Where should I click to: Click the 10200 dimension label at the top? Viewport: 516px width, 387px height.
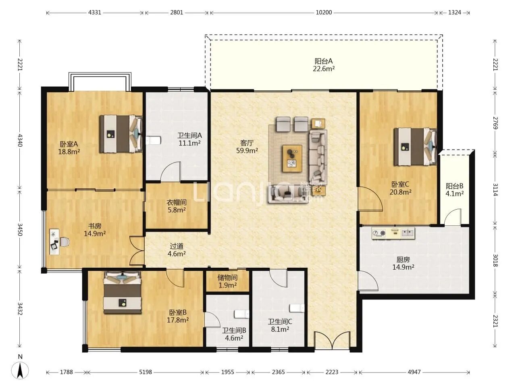coord(323,12)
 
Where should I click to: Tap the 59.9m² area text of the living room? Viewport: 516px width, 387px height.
coord(247,151)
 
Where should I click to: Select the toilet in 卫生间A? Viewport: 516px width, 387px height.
coord(153,141)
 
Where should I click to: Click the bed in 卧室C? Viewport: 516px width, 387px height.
coord(415,147)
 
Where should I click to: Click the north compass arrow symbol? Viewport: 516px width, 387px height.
coord(20,371)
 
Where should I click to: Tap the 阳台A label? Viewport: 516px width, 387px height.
coord(323,61)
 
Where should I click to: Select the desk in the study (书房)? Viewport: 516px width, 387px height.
coord(54,242)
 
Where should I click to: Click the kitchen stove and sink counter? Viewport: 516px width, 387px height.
coord(393,233)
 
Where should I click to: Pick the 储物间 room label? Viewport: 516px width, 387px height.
coord(227,277)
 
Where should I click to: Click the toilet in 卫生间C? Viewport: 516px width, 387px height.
coord(297,308)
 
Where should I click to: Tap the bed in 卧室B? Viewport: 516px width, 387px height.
coord(123,293)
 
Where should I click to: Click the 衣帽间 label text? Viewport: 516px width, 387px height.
coord(177,202)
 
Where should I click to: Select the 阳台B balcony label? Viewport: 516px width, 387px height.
coord(454,186)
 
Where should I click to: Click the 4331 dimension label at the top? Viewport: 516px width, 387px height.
coord(94,12)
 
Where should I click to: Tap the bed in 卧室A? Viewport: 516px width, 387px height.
coord(121,134)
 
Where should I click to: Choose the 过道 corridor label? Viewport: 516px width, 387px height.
coord(176,246)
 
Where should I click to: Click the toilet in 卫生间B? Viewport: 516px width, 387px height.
coord(241,314)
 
